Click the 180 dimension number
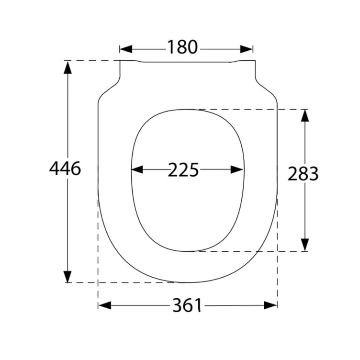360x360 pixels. [182, 47]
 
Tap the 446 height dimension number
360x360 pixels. [65, 169]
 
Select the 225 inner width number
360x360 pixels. [183, 170]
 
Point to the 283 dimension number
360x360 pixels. [303, 173]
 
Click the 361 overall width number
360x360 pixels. [187, 305]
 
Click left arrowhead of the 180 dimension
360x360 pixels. [126, 49]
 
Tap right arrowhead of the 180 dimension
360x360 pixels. [247, 49]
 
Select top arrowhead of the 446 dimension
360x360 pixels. [67, 67]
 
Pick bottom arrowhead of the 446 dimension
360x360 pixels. [67, 276]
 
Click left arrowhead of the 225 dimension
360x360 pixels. [137, 169]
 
